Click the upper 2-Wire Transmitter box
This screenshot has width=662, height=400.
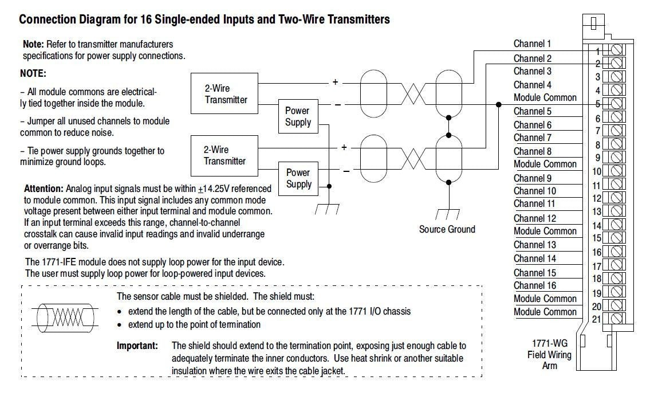click(x=226, y=94)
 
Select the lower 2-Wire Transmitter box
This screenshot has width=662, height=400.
click(x=224, y=155)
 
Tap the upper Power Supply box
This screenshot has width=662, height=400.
click(x=298, y=116)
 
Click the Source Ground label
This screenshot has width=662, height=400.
click(x=447, y=229)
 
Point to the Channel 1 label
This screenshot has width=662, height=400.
click(x=532, y=44)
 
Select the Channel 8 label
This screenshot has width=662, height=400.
click(x=532, y=151)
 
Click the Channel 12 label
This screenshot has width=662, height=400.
click(x=534, y=218)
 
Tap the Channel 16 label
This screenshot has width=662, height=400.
click(x=534, y=285)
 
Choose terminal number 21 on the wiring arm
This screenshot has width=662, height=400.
click(x=596, y=319)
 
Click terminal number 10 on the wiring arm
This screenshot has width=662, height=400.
click(x=596, y=171)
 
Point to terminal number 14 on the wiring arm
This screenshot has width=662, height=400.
click(x=596, y=226)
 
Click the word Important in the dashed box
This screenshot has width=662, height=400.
click(x=137, y=346)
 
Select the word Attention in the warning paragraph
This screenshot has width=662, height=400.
click(x=44, y=189)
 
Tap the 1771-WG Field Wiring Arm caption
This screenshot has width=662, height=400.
click(x=549, y=354)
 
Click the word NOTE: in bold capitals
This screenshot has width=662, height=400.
click(x=33, y=74)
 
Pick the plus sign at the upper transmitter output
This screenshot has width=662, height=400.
click(x=336, y=82)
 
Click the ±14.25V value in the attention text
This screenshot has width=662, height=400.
click(x=213, y=189)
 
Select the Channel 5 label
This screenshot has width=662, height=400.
click(x=532, y=111)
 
